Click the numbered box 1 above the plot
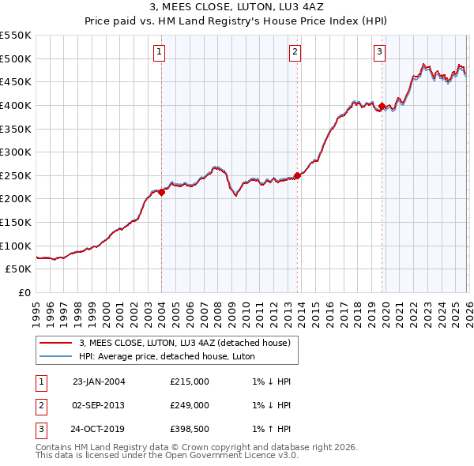160,53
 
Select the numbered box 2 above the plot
295,53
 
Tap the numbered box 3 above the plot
380,53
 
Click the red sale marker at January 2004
161,191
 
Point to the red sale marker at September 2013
297,175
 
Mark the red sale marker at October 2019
382,106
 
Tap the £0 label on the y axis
24,292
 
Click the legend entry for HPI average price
167,356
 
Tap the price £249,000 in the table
189,405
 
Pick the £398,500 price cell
189,430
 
